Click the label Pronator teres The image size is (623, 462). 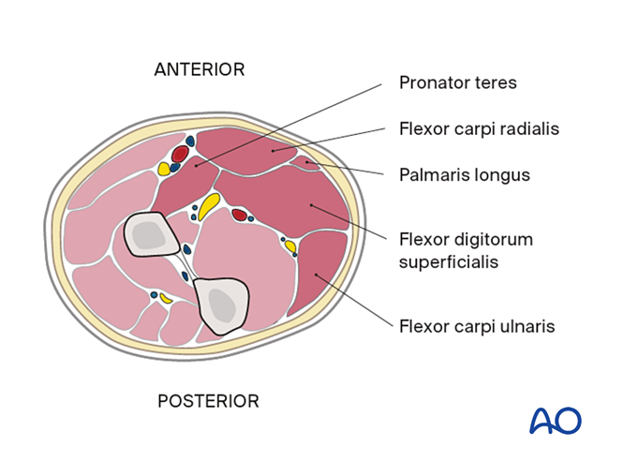point(457,82)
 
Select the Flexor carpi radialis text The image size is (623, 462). point(479,128)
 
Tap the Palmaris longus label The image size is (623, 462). point(465,174)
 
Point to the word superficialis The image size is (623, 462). point(448,261)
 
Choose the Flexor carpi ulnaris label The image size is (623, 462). point(477,326)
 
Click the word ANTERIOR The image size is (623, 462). point(199,69)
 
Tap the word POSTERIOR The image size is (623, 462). point(207,401)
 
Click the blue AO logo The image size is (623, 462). point(556,420)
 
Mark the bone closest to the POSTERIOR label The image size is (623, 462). point(222,306)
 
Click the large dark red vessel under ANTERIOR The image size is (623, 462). point(180,154)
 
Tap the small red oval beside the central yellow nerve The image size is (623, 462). point(240,216)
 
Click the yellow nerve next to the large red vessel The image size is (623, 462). point(165,170)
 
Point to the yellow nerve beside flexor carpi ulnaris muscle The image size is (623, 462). point(290,246)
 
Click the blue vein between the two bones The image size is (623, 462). point(186,250)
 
